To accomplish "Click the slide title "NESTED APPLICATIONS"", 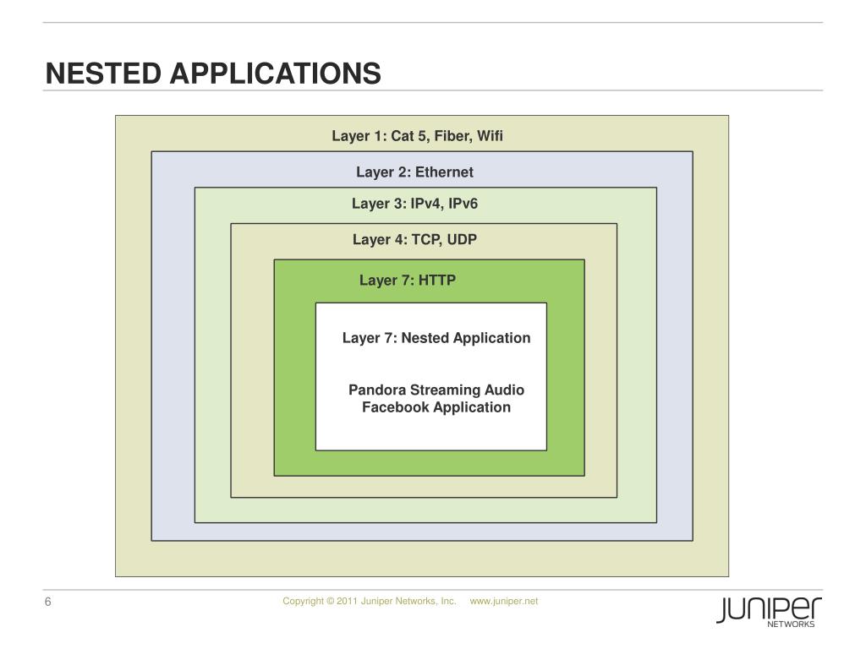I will (x=213, y=74).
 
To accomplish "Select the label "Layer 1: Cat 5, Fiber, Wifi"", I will (x=417, y=136).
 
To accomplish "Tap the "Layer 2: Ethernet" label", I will (x=414, y=172).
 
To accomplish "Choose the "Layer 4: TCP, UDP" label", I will (x=414, y=240).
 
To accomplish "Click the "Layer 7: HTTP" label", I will (x=408, y=281).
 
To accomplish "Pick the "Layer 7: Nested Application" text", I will (x=436, y=338).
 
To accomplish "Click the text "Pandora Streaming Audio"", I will (x=436, y=390).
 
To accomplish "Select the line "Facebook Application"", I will (x=436, y=407).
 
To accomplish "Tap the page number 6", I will (x=48, y=602).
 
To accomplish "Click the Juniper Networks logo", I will (x=769, y=611).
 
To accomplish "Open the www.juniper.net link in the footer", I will (x=504, y=601).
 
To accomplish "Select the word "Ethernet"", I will (x=444, y=172).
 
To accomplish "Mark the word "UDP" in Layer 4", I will (x=462, y=240).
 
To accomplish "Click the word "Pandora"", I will (x=377, y=390).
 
